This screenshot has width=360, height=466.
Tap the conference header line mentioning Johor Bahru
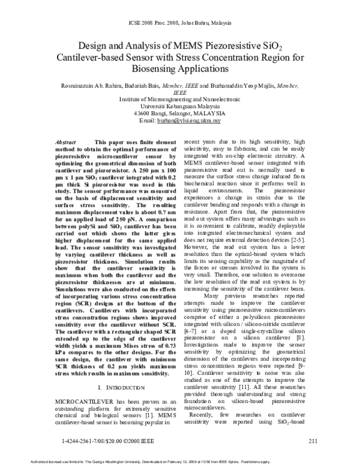coord(180,22)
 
